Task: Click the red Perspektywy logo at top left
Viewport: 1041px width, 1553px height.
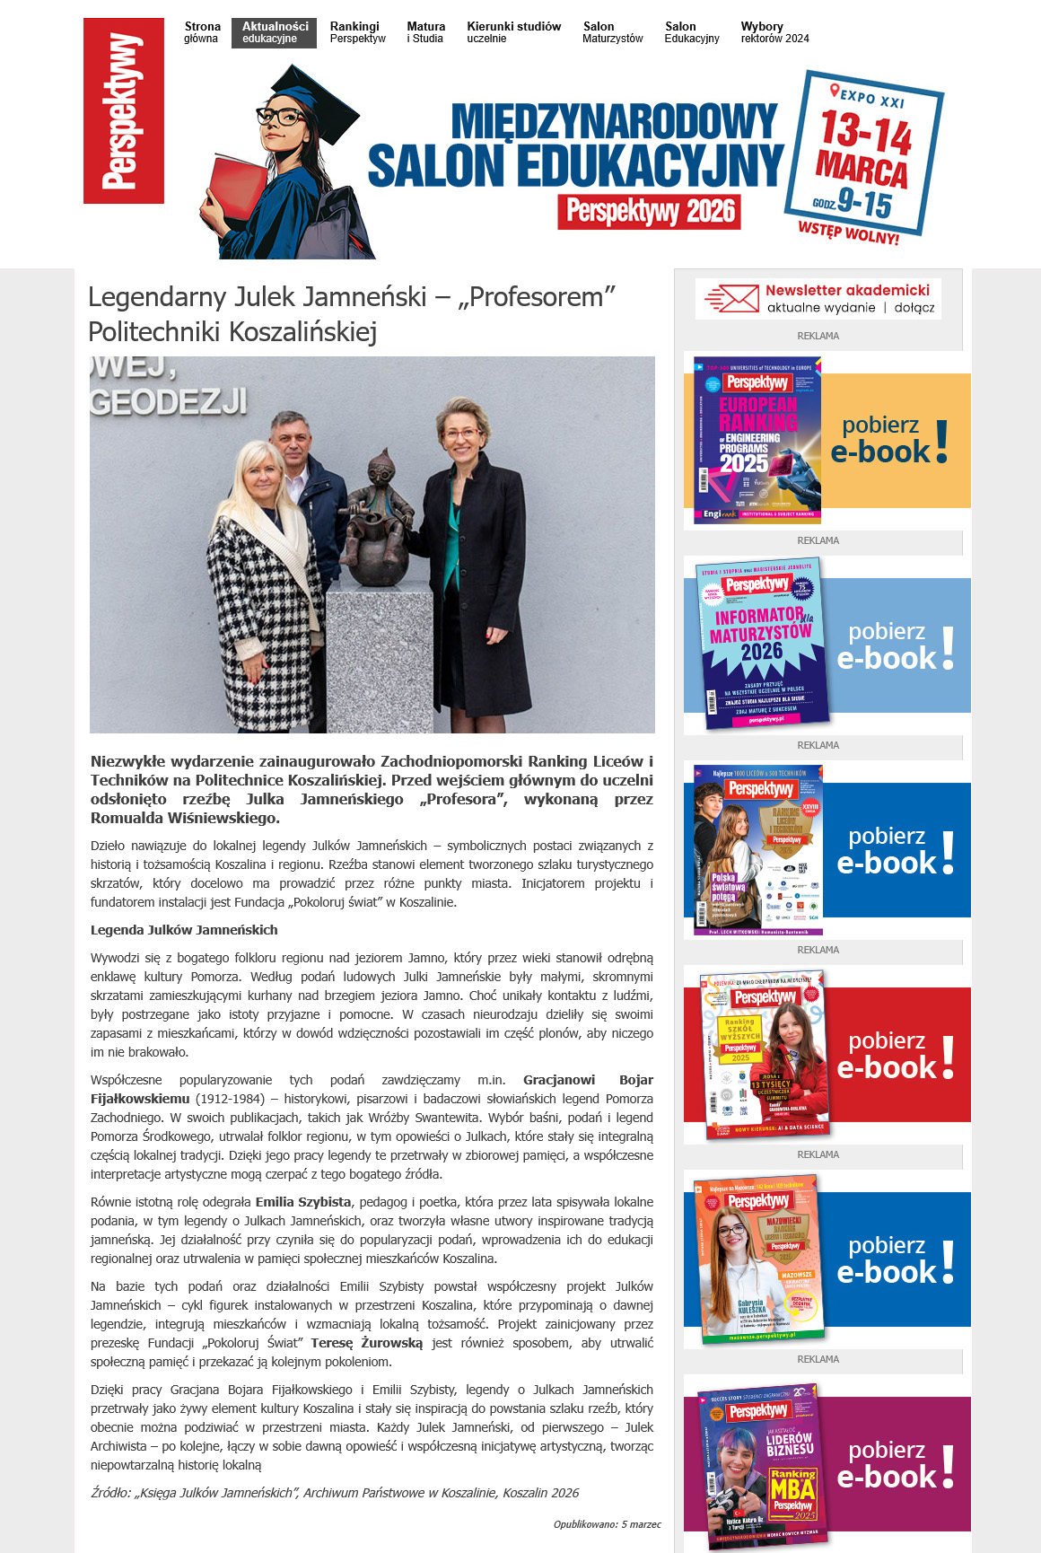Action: click(x=124, y=110)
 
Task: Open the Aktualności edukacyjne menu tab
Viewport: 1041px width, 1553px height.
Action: click(x=274, y=32)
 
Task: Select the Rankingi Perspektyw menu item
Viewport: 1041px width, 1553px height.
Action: click(x=357, y=32)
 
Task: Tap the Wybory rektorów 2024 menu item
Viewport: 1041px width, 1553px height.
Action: click(x=774, y=32)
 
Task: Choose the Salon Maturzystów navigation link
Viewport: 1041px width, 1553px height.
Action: click(x=612, y=32)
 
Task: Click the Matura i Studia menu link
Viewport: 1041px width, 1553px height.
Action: click(x=425, y=32)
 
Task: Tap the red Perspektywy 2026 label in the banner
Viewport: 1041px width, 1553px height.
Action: click(x=650, y=211)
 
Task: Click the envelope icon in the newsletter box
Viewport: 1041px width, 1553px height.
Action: click(x=732, y=298)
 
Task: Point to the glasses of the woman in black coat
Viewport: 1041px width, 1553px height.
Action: click(x=461, y=434)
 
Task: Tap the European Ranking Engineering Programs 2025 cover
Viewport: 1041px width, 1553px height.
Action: click(x=757, y=440)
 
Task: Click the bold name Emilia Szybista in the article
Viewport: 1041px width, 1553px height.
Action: click(x=303, y=1202)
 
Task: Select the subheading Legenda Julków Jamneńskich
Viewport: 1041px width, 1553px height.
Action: click(x=184, y=930)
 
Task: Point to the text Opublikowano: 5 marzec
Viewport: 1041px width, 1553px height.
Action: click(x=607, y=1524)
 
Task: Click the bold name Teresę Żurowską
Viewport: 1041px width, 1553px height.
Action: click(x=366, y=1343)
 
